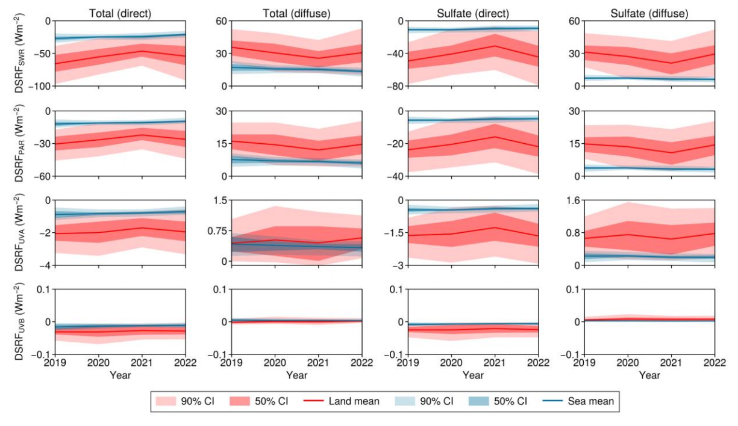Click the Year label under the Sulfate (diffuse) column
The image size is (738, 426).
(649, 375)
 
